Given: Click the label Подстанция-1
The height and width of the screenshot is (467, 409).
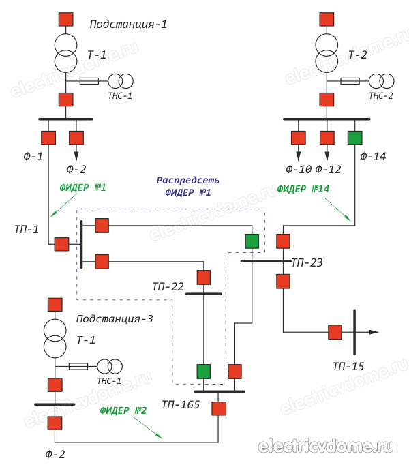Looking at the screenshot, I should click(128, 25).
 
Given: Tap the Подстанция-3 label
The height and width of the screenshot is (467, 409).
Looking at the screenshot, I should click(115, 318).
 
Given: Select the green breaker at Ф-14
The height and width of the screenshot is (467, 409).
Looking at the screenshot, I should click(354, 138).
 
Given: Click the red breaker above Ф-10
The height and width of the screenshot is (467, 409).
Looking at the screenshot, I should click(299, 138).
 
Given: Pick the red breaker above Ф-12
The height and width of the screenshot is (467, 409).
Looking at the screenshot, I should click(327, 138).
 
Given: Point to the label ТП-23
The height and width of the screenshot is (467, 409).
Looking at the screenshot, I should click(307, 262).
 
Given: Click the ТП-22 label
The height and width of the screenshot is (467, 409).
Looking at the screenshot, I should click(168, 287).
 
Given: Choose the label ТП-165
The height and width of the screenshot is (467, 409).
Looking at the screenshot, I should click(181, 404).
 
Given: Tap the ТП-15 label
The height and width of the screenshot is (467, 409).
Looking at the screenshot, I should click(348, 366).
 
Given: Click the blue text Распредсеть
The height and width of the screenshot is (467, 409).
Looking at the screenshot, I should click(188, 181).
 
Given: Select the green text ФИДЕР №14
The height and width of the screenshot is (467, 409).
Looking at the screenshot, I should click(303, 189).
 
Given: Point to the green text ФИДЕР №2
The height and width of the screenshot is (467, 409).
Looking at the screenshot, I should click(123, 410).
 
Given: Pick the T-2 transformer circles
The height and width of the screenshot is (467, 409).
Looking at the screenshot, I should click(327, 52).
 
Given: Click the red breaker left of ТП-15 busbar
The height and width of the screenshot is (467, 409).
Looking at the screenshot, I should click(335, 332).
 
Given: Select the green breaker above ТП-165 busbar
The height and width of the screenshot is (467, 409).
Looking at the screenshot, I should click(204, 372).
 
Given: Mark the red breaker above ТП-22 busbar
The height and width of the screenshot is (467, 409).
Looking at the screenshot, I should click(204, 277).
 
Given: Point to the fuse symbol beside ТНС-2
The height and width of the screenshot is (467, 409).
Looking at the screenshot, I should click(350, 81).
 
